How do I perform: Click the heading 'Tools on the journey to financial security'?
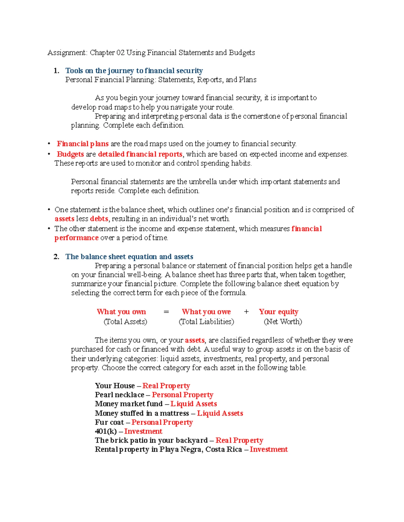[x=134, y=71]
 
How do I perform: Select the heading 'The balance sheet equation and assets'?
[x=129, y=257]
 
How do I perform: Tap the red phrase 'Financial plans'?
[x=82, y=144]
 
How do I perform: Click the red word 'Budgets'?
[x=70, y=154]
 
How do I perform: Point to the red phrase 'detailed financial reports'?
[x=140, y=154]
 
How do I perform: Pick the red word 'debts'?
[x=99, y=219]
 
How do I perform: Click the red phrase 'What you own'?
[x=121, y=312]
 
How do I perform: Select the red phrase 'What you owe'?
[x=206, y=312]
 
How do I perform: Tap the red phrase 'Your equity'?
[x=278, y=312]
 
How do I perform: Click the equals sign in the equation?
[x=166, y=312]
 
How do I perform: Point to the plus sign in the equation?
[x=246, y=312]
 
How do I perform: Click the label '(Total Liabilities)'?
[x=206, y=322]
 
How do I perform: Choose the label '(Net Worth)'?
[x=283, y=322]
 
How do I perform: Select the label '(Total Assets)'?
[x=125, y=322]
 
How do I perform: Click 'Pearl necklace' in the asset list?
[x=120, y=395]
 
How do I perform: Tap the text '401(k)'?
[x=106, y=432]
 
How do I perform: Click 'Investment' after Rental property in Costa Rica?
[x=269, y=450]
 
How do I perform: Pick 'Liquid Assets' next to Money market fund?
[x=194, y=404]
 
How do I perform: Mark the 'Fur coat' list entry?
[x=109, y=423]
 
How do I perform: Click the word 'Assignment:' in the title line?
[x=67, y=53]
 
